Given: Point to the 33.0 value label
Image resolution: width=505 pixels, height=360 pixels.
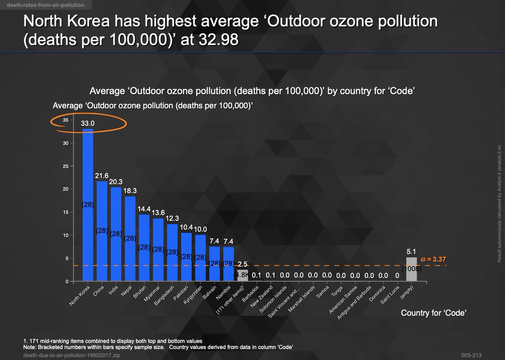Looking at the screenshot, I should pos(88,124).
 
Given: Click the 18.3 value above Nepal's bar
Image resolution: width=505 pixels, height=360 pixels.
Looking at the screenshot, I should pos(130,191).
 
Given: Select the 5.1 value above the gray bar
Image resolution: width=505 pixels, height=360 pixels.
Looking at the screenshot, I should pos(411,252).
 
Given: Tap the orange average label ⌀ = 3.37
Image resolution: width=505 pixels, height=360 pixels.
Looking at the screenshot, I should pos(433,259).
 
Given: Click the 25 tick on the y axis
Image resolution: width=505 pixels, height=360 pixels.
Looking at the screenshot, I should pos(65,166).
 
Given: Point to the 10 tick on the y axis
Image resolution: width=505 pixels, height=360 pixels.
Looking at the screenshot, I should pos(65,235).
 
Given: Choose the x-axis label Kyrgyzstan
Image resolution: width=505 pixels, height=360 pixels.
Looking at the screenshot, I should pos(194,296).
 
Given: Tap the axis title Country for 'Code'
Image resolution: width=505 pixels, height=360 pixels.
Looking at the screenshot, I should pos(433,313).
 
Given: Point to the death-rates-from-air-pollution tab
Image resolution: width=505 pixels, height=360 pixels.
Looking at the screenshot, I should pos(45,5).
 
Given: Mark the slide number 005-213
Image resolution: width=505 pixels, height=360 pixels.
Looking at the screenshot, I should pos(470,355).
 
